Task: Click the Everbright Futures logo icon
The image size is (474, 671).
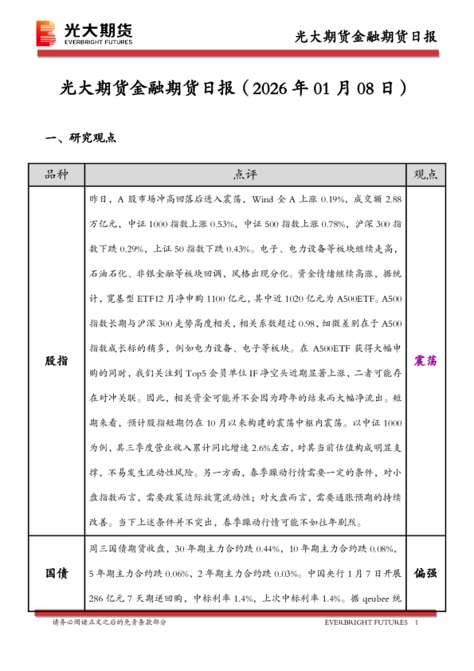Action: [47, 33]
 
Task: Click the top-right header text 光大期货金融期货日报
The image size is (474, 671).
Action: [366, 36]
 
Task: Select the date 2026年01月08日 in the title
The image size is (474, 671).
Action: [325, 88]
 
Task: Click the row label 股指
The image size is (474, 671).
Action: [57, 360]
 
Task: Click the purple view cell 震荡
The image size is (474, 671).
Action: [425, 360]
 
